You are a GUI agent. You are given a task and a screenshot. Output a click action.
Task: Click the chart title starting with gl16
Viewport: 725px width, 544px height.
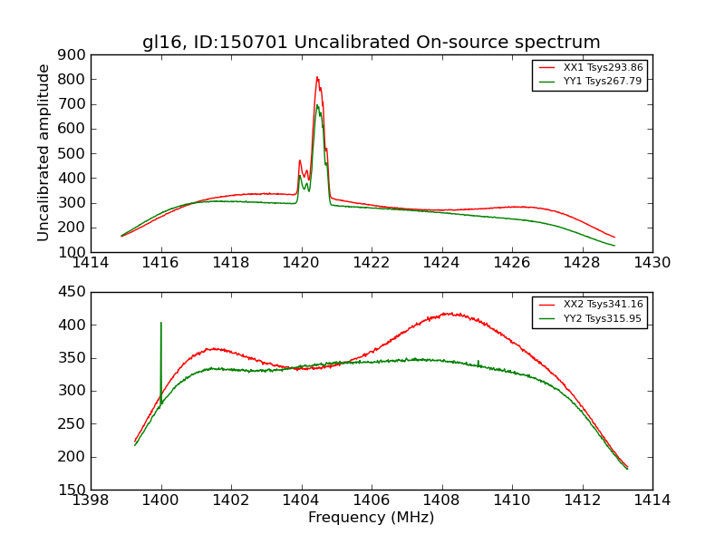coord(371,42)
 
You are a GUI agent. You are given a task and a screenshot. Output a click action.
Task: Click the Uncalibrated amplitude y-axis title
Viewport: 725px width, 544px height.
coord(43,152)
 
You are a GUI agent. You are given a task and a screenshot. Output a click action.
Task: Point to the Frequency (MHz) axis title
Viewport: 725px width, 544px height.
coord(371,518)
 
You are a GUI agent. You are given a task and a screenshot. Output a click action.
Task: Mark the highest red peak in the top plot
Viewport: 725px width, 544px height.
coord(317,77)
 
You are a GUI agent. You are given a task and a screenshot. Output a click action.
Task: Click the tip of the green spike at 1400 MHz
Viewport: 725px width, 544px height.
coord(161,322)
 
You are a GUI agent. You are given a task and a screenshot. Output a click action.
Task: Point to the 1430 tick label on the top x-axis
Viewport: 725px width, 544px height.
coord(652,263)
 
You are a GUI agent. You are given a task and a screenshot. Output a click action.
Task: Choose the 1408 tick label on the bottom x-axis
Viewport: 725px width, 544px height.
coord(441,500)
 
